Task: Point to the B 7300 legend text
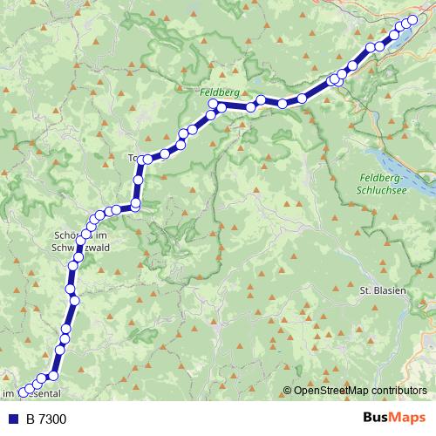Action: (x=45, y=419)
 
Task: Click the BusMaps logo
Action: (x=393, y=418)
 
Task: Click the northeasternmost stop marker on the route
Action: (x=413, y=19)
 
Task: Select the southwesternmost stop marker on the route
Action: (x=23, y=392)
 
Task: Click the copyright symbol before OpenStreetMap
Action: (x=288, y=391)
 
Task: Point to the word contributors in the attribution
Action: (x=399, y=391)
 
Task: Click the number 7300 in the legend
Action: (x=52, y=419)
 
